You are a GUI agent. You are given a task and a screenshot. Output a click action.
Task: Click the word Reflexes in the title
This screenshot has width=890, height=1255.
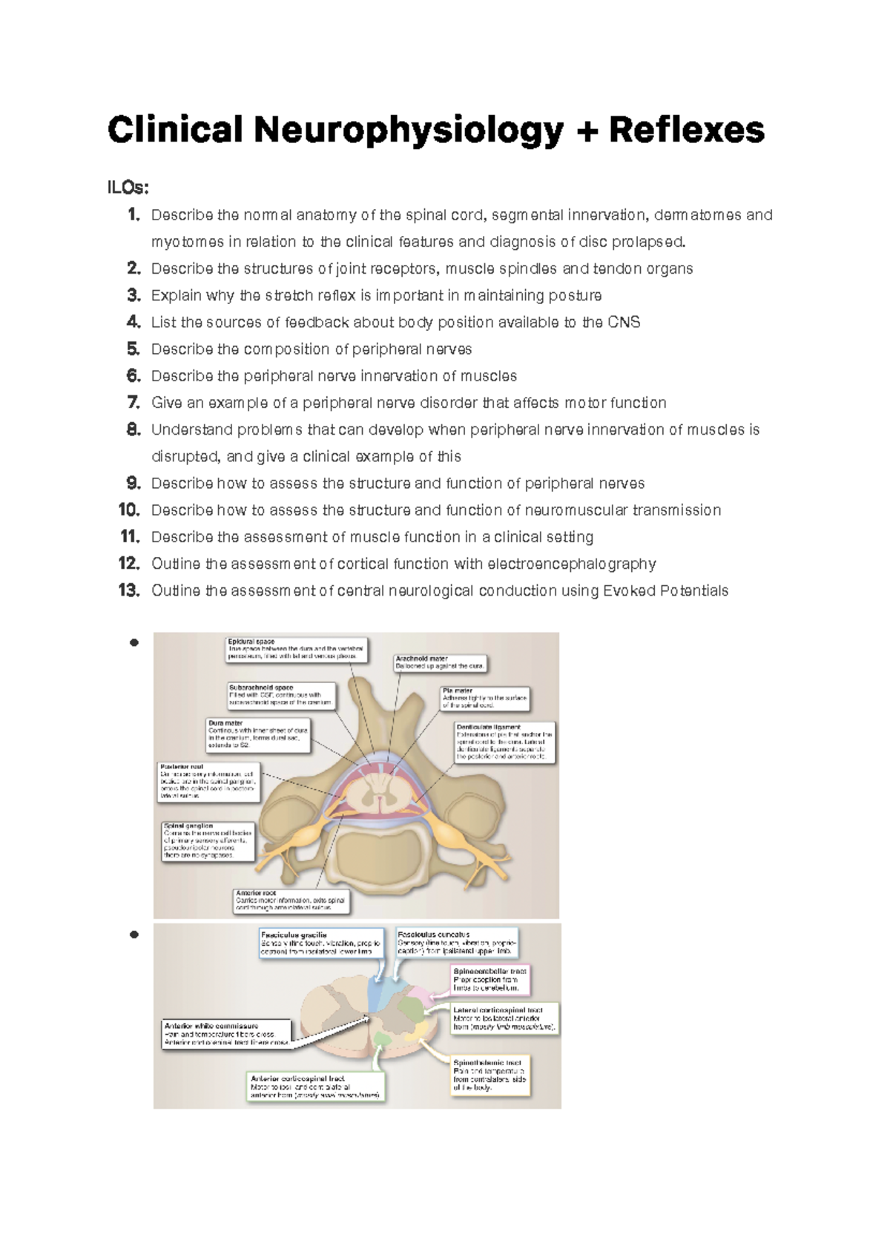pos(686,131)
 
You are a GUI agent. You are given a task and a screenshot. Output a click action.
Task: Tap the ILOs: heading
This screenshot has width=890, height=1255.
pos(128,188)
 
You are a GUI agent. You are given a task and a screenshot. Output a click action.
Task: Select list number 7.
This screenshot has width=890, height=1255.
pos(133,403)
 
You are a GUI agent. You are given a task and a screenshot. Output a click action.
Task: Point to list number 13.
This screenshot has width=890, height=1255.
pos(130,590)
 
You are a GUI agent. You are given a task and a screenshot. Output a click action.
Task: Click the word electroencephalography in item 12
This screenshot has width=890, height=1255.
pos(571,564)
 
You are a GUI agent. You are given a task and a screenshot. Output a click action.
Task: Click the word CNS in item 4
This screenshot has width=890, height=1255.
pos(623,322)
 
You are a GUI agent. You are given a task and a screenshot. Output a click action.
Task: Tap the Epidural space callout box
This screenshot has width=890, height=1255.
pos(297,649)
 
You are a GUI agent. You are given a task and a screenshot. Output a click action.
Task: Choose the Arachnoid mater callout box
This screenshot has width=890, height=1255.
pos(440,662)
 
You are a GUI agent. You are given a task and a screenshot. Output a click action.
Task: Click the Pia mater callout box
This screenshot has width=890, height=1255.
pos(485,698)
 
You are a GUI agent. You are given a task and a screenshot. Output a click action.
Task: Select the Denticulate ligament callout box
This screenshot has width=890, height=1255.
pos(504,742)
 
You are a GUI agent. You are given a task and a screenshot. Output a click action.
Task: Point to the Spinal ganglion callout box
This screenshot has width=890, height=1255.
pos(208,840)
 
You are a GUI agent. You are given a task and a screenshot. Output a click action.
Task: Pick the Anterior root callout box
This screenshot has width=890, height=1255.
pos(291,900)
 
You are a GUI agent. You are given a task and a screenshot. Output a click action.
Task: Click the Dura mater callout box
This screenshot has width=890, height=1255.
pos(257,734)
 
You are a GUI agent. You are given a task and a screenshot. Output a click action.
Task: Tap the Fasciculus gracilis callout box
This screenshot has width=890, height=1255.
pos(321,943)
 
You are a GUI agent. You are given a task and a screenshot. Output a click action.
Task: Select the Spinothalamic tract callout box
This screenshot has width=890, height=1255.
pos(490,1075)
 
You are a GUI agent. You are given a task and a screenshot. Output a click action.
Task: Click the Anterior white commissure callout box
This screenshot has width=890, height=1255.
pos(226,1034)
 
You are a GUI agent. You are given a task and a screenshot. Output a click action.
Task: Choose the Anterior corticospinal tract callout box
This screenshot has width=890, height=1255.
pos(316,1087)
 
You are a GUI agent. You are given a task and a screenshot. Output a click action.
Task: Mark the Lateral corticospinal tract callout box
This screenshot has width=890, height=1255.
pos(504,1019)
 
